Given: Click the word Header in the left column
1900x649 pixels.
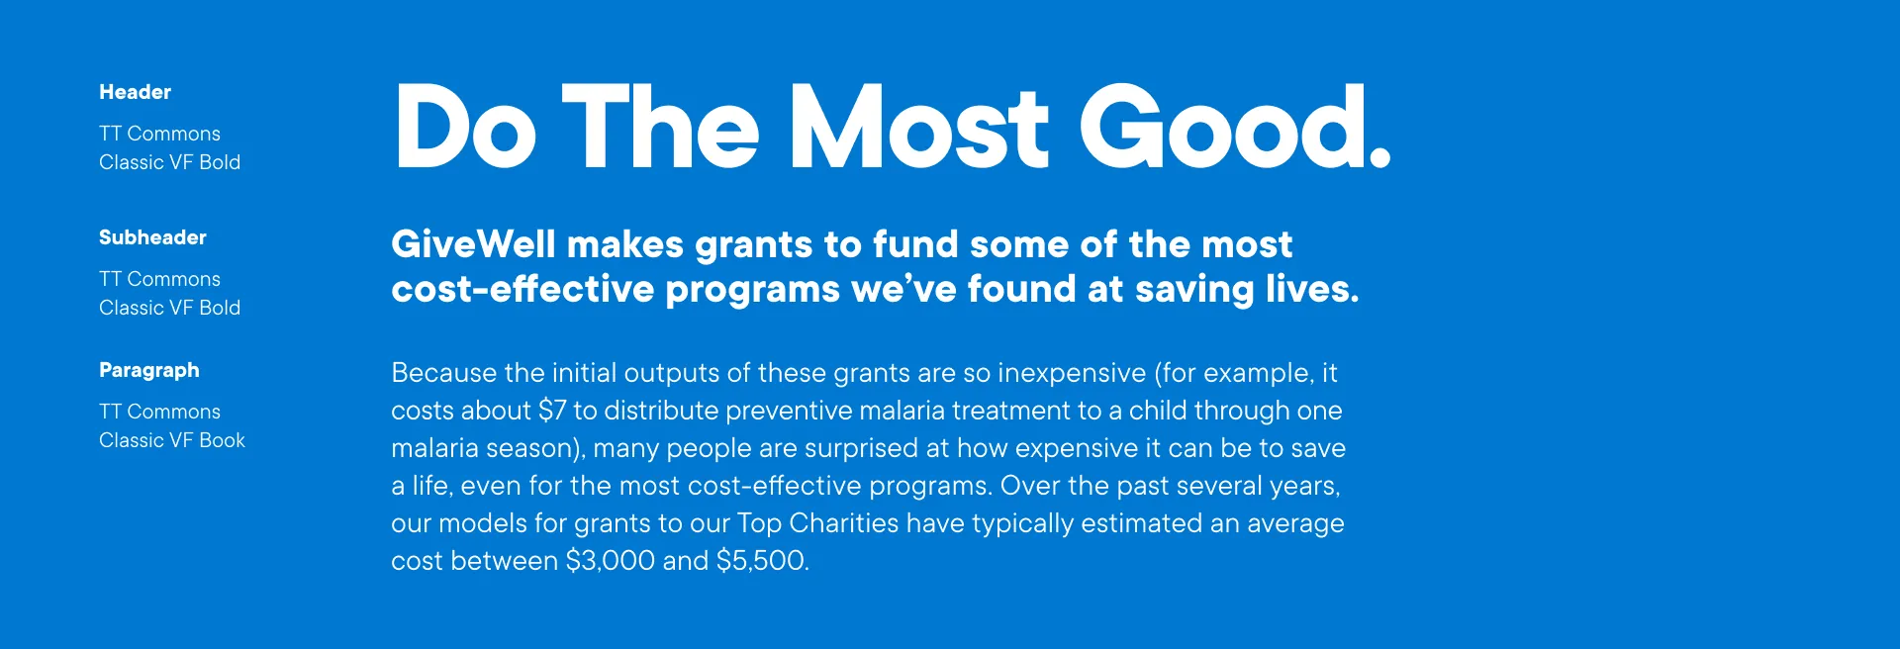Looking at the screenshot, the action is click(x=135, y=92).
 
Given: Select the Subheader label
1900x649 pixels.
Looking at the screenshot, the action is click(x=152, y=237).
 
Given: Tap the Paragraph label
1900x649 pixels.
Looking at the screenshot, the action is click(x=149, y=371).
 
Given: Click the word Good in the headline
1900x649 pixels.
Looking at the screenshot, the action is click(x=1223, y=127).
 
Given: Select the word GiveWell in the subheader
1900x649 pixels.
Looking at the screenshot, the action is click(x=474, y=244).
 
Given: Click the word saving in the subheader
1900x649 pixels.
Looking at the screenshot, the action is click(x=1194, y=290).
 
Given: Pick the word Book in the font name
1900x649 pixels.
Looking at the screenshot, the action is click(x=223, y=440).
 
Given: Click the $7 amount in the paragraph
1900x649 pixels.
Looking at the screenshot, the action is click(x=552, y=411).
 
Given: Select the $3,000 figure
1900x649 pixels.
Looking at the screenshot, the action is click(x=611, y=561).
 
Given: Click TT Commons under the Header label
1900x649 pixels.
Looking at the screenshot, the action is click(x=159, y=134).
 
